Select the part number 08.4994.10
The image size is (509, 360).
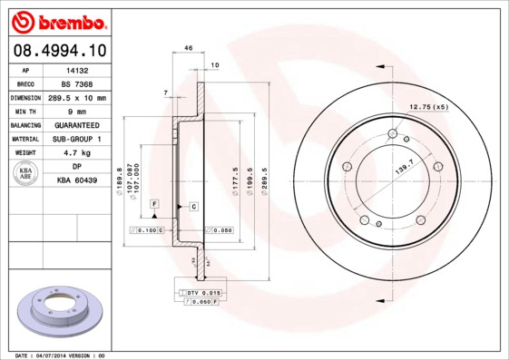click(x=58, y=51)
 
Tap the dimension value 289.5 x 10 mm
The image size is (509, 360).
click(x=76, y=97)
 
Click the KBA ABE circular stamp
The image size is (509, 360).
click(x=27, y=174)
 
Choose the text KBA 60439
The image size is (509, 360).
click(x=76, y=181)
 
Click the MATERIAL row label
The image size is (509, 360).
click(x=24, y=140)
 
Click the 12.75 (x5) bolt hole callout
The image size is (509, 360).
click(x=429, y=108)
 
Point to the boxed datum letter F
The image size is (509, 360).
click(x=154, y=205)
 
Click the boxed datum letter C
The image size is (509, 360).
click(x=193, y=207)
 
